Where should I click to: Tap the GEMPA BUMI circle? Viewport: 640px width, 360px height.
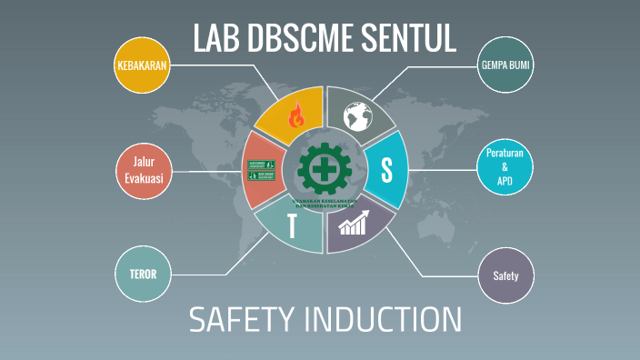[505, 65]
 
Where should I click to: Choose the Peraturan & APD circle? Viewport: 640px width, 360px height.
[505, 170]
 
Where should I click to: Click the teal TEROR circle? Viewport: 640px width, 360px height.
[144, 274]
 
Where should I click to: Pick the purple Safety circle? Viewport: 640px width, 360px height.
[505, 274]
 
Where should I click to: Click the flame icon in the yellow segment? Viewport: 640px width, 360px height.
[295, 115]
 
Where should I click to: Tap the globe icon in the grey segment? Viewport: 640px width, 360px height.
[357, 115]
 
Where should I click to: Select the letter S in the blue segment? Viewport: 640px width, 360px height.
[386, 168]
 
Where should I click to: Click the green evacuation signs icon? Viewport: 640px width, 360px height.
[262, 170]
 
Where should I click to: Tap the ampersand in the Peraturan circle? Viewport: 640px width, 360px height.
[505, 170]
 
